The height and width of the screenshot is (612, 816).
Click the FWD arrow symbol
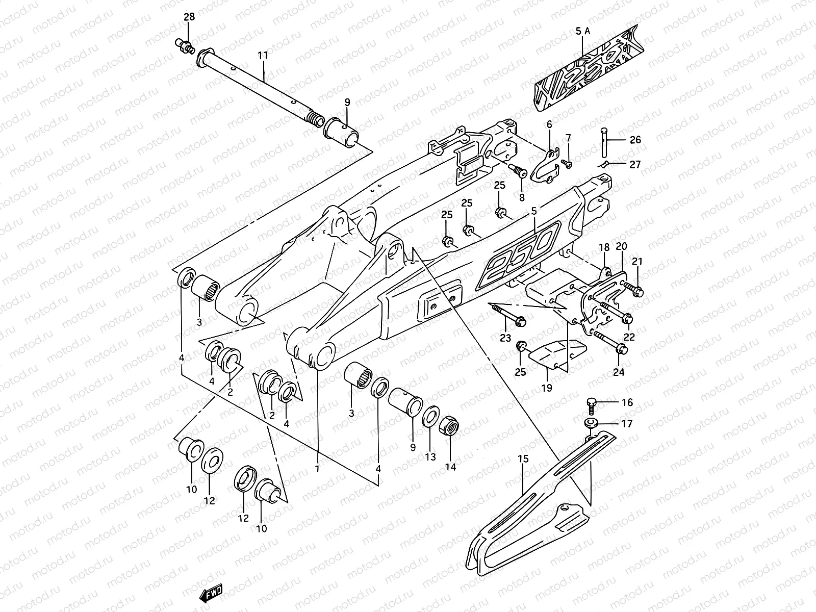(211, 592)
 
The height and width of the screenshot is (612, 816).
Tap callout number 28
(189, 17)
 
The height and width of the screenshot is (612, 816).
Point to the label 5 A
(582, 31)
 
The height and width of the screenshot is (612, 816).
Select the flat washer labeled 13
(431, 416)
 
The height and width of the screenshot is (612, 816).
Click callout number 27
(635, 164)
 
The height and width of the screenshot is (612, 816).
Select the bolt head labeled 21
(639, 291)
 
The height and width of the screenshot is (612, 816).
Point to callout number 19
(546, 388)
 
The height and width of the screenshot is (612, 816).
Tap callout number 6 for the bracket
(549, 125)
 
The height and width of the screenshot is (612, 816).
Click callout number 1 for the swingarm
(317, 468)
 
